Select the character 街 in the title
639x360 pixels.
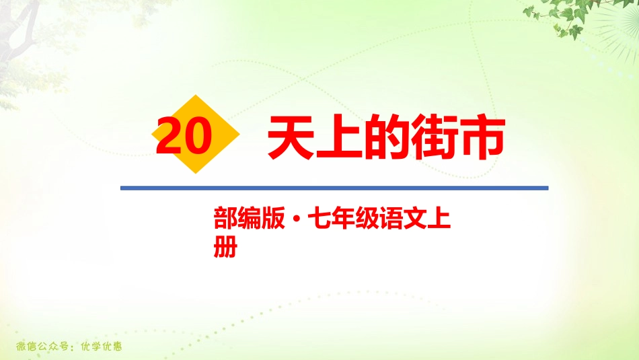[434, 137]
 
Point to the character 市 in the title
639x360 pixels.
[481, 137]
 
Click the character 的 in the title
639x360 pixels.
[387, 137]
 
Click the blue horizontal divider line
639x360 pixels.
[334, 188]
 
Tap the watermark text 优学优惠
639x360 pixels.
[100, 348]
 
